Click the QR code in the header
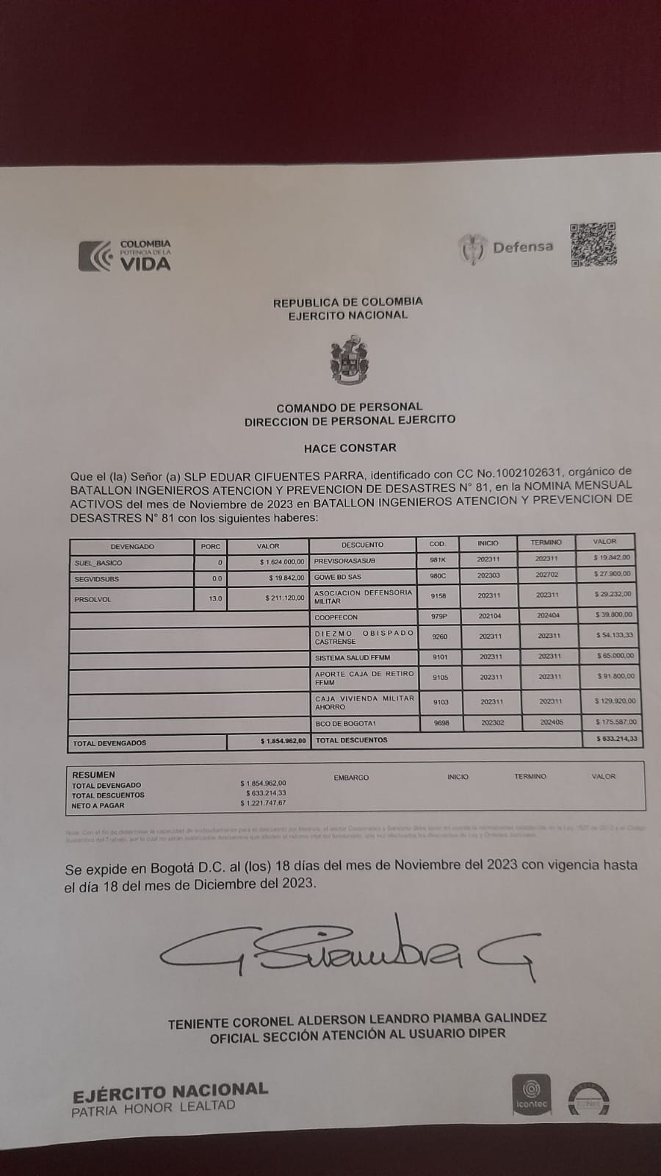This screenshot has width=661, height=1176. [x=593, y=245]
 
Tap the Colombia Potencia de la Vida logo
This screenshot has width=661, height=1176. [x=125, y=255]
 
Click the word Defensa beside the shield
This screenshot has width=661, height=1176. [x=523, y=247]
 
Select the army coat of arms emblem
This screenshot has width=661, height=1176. [x=349, y=361]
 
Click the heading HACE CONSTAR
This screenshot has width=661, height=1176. [x=350, y=448]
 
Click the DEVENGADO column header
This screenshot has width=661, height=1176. [x=132, y=547]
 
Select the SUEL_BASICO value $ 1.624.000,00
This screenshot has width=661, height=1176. [x=282, y=562]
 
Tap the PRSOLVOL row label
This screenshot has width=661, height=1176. [x=93, y=599]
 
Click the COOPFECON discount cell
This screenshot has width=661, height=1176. [x=336, y=617]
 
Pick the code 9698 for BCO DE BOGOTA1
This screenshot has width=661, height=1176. [x=441, y=723]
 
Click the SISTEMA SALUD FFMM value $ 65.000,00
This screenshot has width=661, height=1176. [x=615, y=656]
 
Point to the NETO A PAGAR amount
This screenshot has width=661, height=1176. [x=263, y=803]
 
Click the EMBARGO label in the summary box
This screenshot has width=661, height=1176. [x=351, y=778]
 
